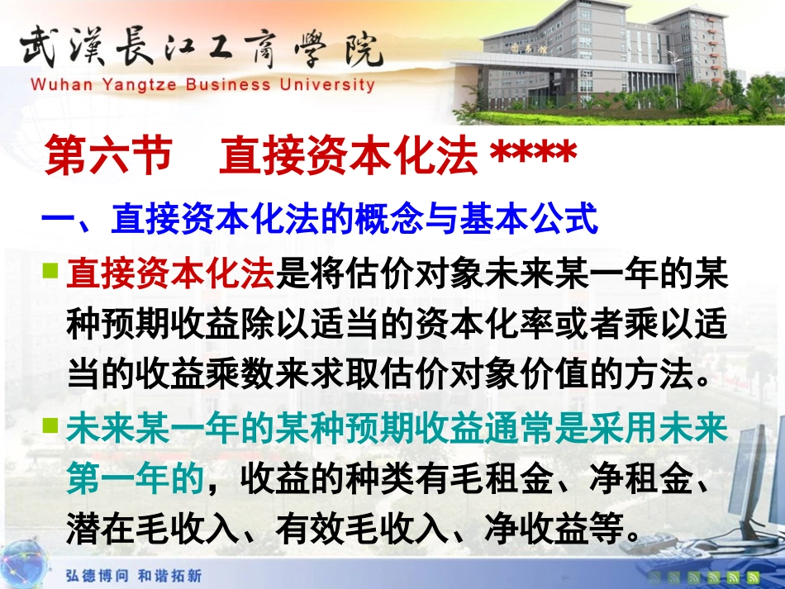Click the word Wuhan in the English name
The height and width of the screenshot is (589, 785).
click(x=57, y=83)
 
